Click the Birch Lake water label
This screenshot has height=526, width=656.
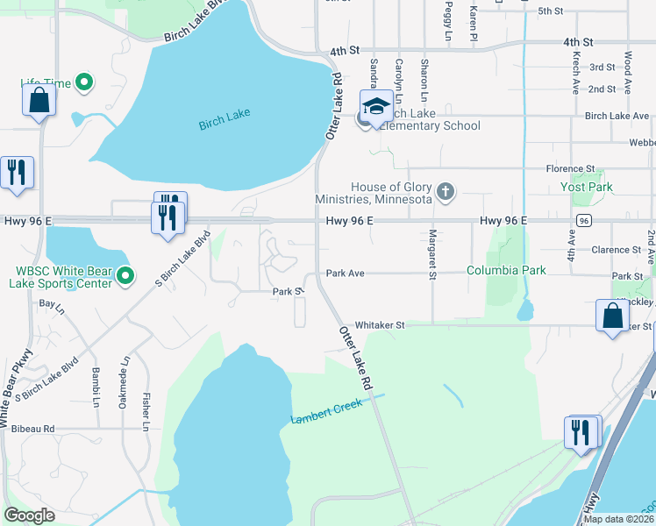[224, 122]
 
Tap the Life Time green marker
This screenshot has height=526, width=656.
[85, 84]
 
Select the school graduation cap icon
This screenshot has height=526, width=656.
[376, 107]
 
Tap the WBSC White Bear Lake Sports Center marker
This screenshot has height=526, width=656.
[125, 276]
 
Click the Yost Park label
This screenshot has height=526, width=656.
[586, 187]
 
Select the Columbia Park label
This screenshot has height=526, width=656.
[506, 270]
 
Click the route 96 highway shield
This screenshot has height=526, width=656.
[582, 220]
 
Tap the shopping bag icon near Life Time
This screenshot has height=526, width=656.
[39, 100]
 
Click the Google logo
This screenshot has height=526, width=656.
[29, 515]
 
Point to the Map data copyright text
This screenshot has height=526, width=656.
[617, 519]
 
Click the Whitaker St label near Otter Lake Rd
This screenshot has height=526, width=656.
[379, 324]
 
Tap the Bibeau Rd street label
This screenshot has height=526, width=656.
[32, 429]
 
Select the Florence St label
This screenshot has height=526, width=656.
[570, 168]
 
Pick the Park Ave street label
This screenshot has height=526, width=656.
[345, 274]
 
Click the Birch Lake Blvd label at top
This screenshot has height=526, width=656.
[201, 32]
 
